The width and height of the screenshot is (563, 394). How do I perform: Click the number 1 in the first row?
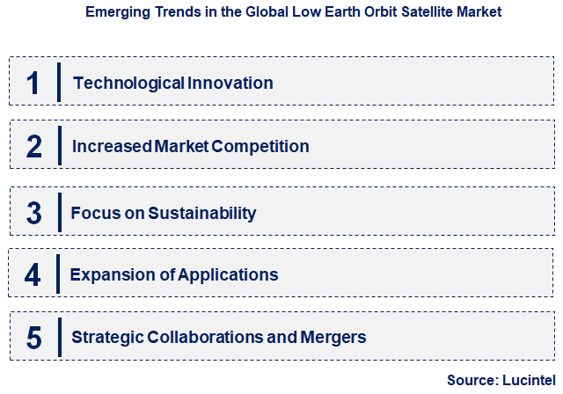(33, 84)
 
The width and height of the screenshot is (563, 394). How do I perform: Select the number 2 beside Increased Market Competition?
(33, 146)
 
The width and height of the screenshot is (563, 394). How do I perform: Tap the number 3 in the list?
(33, 213)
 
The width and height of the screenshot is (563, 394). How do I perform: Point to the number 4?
(33, 275)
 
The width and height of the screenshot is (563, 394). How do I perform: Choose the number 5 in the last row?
(33, 338)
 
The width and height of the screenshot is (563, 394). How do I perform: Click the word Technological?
(128, 84)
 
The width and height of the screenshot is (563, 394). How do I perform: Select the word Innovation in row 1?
(230, 84)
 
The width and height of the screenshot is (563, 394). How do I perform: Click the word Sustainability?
(202, 213)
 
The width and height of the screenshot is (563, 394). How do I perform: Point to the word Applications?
(228, 275)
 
